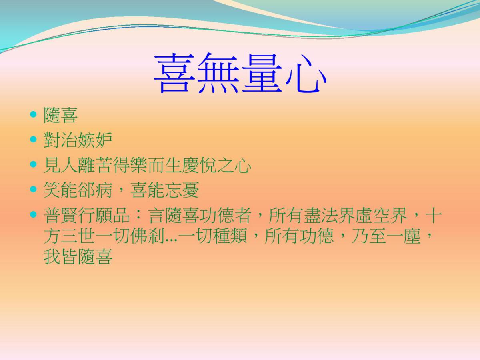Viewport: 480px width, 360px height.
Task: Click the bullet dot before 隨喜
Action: (33, 114)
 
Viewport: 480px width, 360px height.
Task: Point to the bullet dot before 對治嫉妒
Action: (33, 139)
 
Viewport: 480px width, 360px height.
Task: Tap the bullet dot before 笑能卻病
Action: (33, 189)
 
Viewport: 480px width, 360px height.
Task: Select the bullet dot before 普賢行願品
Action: (33, 214)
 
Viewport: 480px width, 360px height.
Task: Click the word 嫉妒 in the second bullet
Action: (95, 140)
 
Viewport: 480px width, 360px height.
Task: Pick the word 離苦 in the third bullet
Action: (95, 165)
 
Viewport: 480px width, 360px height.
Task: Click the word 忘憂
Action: (182, 190)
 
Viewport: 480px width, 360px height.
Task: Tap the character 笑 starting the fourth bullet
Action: (52, 190)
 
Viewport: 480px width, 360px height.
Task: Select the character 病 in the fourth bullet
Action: (104, 190)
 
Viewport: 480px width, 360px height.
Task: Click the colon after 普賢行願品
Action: (139, 215)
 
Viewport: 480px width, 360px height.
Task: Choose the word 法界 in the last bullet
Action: (356, 215)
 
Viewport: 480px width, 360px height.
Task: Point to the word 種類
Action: (230, 236)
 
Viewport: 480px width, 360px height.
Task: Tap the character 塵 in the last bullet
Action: (412, 236)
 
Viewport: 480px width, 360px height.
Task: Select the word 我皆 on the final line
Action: (60, 256)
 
